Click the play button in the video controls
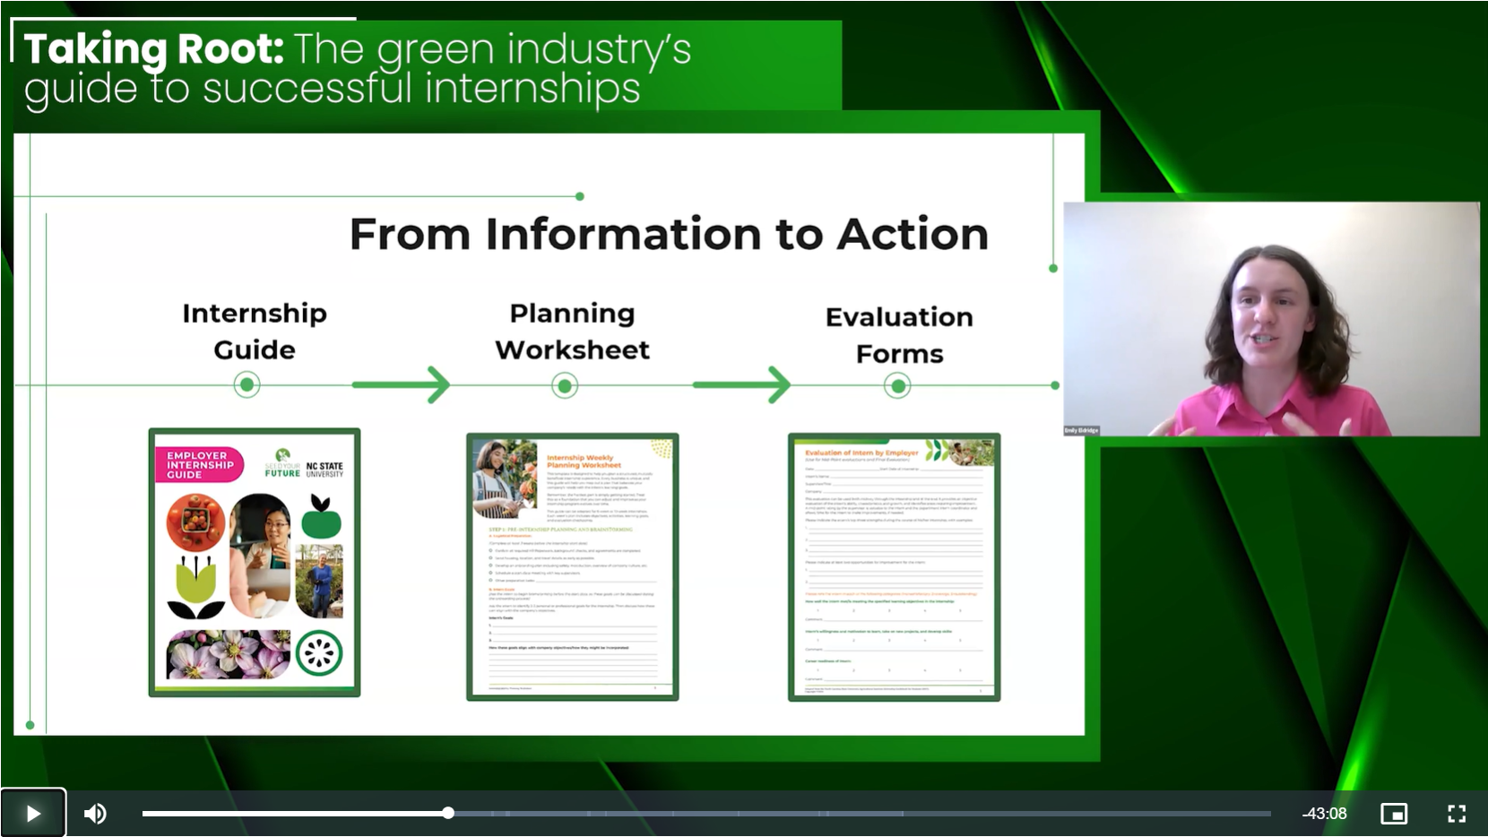33,813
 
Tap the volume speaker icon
95,813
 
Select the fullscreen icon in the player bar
1457,813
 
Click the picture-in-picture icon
1393,813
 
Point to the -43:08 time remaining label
1324,814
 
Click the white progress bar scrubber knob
448,813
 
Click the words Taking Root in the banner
153,49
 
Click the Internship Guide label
255,331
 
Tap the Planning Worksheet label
572,331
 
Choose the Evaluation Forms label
899,334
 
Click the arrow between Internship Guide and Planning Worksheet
401,385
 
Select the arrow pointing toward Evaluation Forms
741,385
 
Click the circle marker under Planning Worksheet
565,386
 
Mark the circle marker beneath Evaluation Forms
897,386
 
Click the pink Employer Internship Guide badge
199,465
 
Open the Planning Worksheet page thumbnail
572,566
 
